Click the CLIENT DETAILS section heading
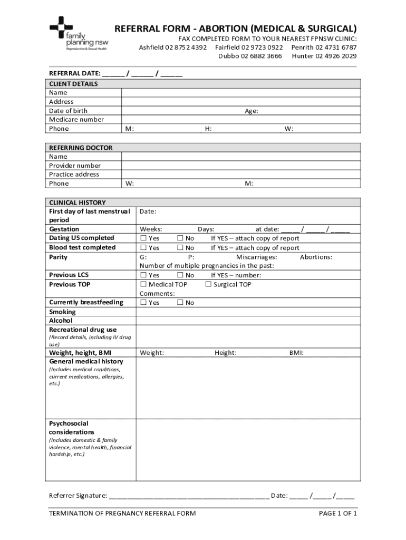73,84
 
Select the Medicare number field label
76,120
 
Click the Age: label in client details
251,111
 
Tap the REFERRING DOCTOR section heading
81,148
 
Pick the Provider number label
75,166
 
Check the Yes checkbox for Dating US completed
143,238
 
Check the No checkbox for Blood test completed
180,248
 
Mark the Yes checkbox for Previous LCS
143,275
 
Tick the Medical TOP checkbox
143,285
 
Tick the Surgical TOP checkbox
208,285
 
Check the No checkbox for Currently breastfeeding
180,303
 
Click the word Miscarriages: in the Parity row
256,257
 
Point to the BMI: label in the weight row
296,353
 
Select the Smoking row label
62,312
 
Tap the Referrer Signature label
78,496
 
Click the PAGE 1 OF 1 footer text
338,513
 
